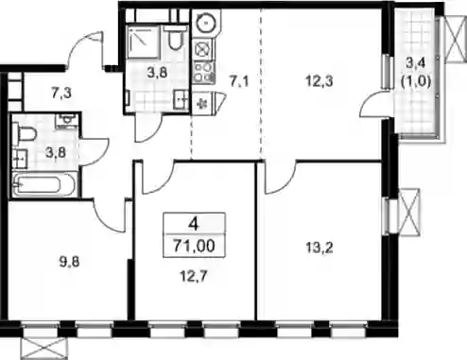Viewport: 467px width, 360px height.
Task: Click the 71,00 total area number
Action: (x=194, y=246)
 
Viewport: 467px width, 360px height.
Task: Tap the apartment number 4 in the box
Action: (x=193, y=224)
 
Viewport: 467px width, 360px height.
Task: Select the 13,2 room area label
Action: (x=320, y=249)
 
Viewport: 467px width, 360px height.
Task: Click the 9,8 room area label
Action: (x=69, y=262)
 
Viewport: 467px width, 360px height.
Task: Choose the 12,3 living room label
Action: (x=320, y=81)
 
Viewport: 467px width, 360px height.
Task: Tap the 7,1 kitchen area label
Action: (x=238, y=81)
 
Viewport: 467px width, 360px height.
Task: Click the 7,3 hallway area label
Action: (x=61, y=94)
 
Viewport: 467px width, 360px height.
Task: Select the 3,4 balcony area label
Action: (x=415, y=63)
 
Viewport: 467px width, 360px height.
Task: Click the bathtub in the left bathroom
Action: (x=43, y=184)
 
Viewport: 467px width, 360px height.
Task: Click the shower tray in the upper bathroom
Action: (x=144, y=42)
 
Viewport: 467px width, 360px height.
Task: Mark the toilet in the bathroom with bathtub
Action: (x=24, y=135)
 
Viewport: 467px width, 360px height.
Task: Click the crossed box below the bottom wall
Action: (x=44, y=349)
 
